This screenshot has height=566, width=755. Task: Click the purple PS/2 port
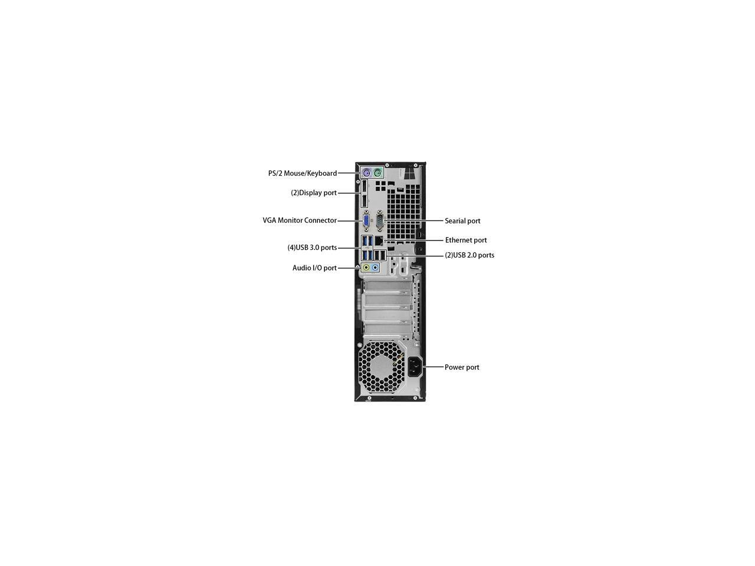[366, 173]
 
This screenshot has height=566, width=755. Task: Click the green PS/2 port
[377, 173]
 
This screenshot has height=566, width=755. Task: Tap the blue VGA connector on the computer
[366, 221]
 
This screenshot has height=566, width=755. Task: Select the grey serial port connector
[379, 221]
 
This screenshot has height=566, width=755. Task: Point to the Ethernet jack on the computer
[379, 241]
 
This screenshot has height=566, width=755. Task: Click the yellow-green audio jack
[366, 268]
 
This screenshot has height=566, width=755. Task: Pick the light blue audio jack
[375, 268]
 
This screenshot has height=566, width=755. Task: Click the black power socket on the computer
[415, 367]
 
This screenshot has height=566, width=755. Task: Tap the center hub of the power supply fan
[380, 368]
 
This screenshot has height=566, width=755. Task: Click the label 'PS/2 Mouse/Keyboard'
[303, 173]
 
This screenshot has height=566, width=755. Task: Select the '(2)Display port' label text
[314, 193]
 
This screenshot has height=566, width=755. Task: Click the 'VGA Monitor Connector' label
[300, 221]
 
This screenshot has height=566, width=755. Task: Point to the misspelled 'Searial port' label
[462, 221]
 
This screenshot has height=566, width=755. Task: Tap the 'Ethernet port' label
[466, 240]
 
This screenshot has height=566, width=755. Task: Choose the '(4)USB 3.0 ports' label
[312, 248]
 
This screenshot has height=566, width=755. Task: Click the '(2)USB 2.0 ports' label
[470, 255]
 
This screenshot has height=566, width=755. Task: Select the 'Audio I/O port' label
[314, 268]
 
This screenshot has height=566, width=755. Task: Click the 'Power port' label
[462, 367]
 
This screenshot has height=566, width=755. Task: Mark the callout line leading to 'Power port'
[434, 367]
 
